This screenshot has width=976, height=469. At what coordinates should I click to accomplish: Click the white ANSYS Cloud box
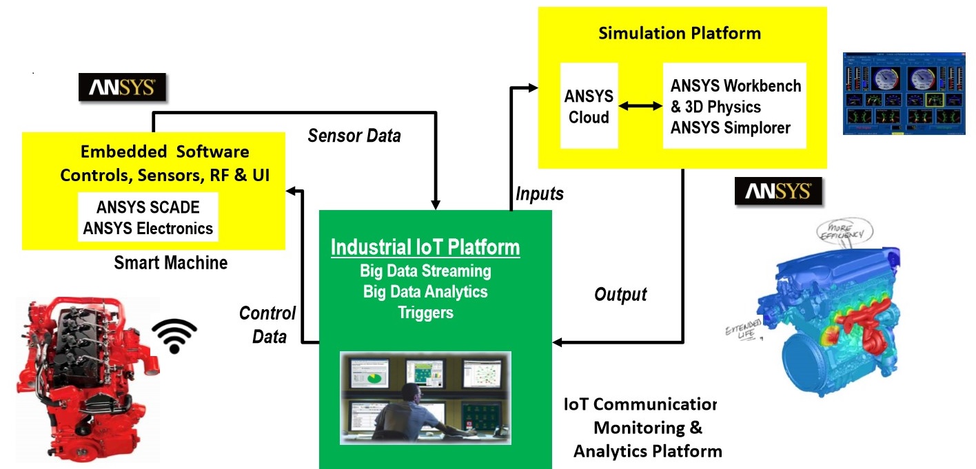pos(588,106)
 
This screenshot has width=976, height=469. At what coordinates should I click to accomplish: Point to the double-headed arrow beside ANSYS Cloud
pos(636,106)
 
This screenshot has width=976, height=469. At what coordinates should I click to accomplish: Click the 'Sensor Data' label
pos(354,136)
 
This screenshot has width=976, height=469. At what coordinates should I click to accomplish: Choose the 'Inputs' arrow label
pos(540,194)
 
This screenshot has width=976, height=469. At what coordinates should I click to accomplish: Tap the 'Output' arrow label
pos(620,295)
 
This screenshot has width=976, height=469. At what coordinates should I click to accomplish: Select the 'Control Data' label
pos(267,324)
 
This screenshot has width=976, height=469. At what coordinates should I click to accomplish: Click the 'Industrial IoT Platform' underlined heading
pos(425,247)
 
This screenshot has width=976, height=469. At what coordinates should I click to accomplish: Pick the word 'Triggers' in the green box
pos(425,312)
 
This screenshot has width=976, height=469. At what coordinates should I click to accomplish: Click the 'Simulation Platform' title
pos(680,33)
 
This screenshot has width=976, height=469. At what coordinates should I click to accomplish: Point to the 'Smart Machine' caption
pos(170,262)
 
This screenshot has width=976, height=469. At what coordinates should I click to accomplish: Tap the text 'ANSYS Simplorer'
pos(731,127)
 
